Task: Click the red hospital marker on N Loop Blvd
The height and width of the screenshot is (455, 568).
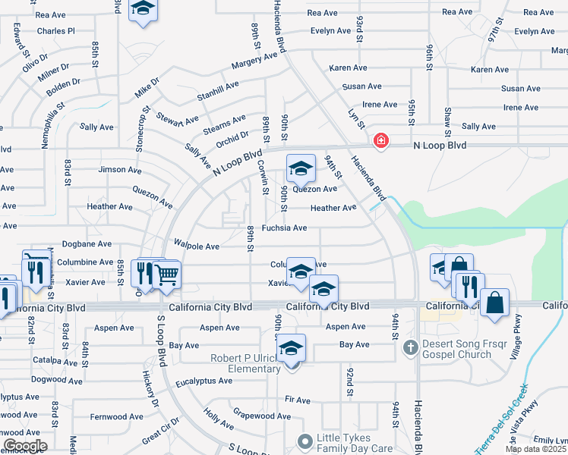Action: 380,142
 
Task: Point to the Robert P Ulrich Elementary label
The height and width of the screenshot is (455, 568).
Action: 246,362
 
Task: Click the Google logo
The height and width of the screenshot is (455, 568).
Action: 24,446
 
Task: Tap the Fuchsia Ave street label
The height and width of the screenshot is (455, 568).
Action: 284,227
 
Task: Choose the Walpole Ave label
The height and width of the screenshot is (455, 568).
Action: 197,246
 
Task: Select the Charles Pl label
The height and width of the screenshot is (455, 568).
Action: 55,31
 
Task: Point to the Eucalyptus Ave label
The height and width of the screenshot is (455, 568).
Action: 204,381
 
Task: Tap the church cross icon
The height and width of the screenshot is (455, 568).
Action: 410,349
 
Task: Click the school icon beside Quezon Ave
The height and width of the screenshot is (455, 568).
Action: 301,168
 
